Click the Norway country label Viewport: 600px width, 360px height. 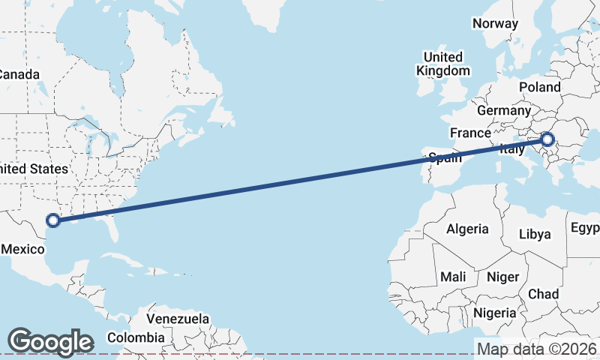point(495,23)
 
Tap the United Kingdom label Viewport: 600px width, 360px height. point(443,64)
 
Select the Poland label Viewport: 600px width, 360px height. point(539,87)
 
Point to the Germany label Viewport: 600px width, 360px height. point(503,110)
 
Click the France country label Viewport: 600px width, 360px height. point(469,133)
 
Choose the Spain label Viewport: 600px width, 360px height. point(445,158)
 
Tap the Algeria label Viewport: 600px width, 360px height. point(467,229)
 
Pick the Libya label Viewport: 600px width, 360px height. point(535,234)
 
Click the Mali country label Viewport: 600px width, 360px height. point(453,277)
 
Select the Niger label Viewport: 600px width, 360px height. point(502,277)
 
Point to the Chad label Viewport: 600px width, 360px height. point(543,294)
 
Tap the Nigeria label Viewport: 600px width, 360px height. point(494,313)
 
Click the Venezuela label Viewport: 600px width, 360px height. point(178,319)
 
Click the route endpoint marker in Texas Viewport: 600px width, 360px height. point(52,220)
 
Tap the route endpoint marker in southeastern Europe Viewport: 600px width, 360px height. point(547,139)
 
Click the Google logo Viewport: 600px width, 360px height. point(50,342)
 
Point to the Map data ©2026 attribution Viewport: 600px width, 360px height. point(537,349)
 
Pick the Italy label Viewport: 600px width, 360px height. point(512,150)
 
